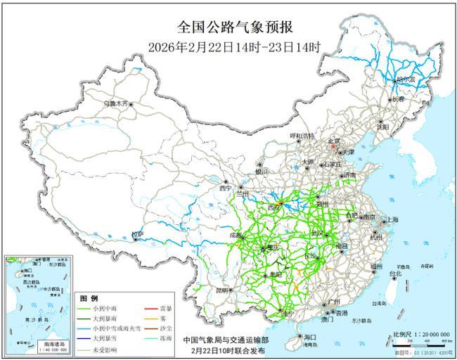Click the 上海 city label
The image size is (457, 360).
(x=391, y=220)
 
